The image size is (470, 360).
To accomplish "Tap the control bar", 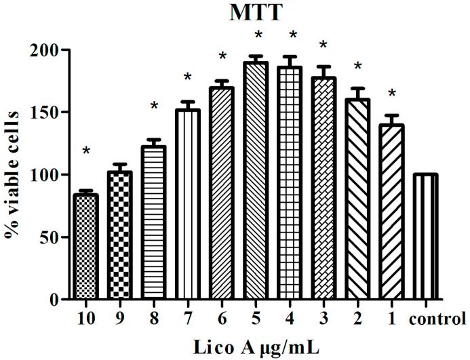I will pyautogui.click(x=426, y=237).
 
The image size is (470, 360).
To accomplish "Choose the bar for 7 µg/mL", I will pyautogui.click(x=188, y=204).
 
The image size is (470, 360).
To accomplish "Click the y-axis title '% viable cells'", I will pyautogui.click(x=13, y=174).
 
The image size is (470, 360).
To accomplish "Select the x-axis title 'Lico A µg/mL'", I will pyautogui.click(x=255, y=346).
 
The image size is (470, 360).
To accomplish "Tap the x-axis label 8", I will pyautogui.click(x=154, y=319).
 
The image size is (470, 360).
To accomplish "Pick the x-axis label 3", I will pyautogui.click(x=324, y=319).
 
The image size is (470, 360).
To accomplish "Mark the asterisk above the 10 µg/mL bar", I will pyautogui.click(x=86, y=151).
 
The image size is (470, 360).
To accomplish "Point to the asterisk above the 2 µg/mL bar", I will pyautogui.click(x=357, y=66).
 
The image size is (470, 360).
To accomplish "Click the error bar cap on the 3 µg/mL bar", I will pyautogui.click(x=324, y=66).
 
